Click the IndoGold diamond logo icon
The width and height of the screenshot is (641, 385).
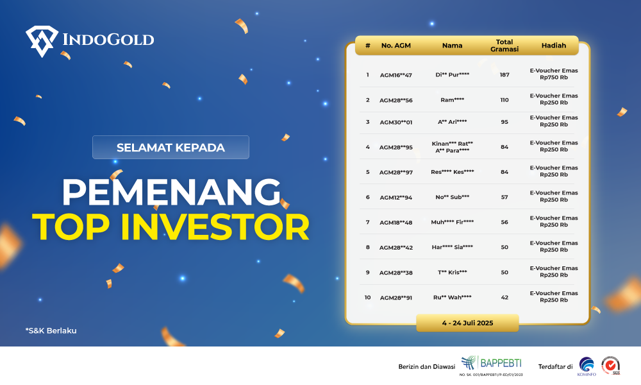tap(42, 41)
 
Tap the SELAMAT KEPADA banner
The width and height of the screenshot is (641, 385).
tap(171, 148)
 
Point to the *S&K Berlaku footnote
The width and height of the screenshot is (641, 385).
tap(51, 330)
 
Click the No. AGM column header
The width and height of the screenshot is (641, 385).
tap(395, 46)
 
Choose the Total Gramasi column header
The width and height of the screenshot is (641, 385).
tap(504, 46)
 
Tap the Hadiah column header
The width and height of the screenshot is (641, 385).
tap(554, 46)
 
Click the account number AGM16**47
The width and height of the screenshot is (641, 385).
tap(395, 75)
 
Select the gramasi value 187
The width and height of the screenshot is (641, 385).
tap(504, 74)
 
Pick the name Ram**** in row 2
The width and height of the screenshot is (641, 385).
tap(452, 100)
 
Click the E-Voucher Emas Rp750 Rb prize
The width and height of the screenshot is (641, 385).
tap(554, 74)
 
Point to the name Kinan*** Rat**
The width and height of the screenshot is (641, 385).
tap(452, 144)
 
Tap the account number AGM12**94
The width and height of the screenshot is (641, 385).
tap(395, 197)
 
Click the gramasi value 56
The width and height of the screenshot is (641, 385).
tap(504, 222)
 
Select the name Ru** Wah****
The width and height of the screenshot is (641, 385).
tap(452, 298)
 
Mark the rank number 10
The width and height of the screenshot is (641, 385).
tap(367, 298)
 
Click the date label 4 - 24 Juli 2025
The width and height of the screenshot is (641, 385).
tap(467, 323)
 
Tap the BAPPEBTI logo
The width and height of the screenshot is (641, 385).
tap(492, 364)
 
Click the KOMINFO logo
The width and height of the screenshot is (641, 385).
tap(587, 366)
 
